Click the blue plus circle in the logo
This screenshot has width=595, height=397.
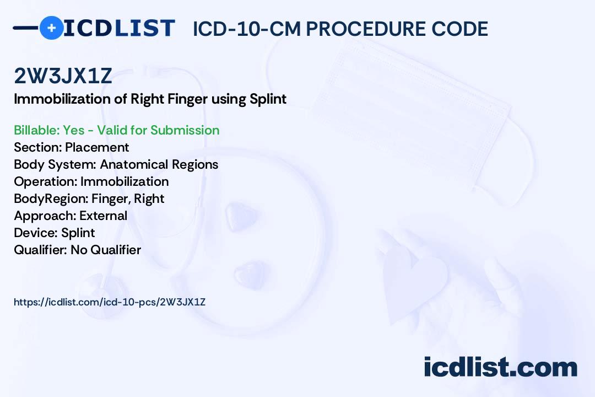coord(51,28)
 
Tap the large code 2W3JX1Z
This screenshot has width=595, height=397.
coord(63,76)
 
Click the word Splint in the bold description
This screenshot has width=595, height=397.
coord(268,99)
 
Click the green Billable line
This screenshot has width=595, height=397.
coord(116,130)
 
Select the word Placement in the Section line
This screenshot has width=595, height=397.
coord(97,147)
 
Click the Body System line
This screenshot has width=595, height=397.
coord(116,164)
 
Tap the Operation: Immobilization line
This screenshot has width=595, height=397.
coord(91,181)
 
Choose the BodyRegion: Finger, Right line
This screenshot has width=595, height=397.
coord(89,198)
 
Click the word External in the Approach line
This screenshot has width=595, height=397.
coord(104,216)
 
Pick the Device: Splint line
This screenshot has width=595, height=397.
coord(54,233)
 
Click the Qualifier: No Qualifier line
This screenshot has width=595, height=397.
coord(77,250)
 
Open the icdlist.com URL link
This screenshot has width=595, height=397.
coord(109,302)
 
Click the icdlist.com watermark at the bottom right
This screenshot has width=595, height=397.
coord(500,367)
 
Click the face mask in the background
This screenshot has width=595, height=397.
coord(419,105)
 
